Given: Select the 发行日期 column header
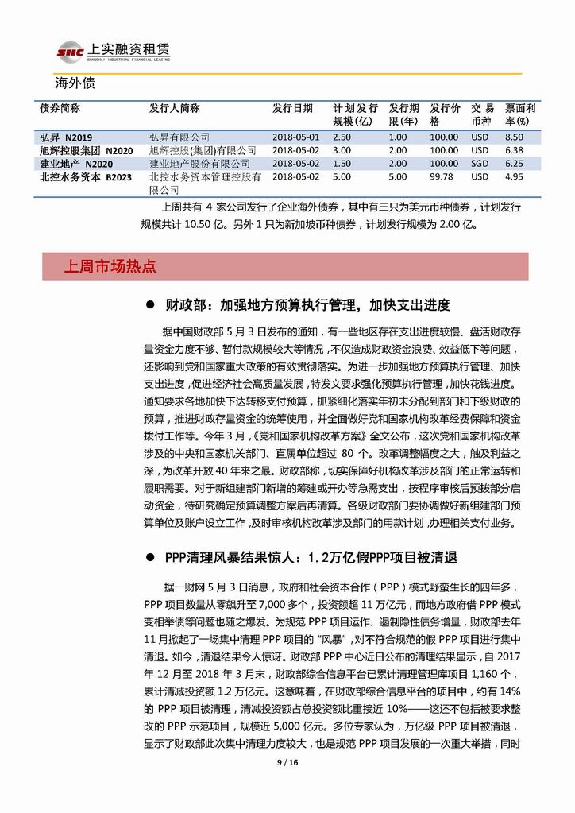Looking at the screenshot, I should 292,108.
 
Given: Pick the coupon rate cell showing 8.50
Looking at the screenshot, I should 514,137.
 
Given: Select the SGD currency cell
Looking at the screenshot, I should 480,163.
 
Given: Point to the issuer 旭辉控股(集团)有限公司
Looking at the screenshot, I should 203,150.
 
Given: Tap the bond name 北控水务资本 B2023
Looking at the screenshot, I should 80,176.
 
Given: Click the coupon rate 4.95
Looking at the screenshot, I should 514,176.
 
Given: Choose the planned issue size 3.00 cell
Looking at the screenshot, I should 342,150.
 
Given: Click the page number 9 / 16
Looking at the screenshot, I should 287,762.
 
